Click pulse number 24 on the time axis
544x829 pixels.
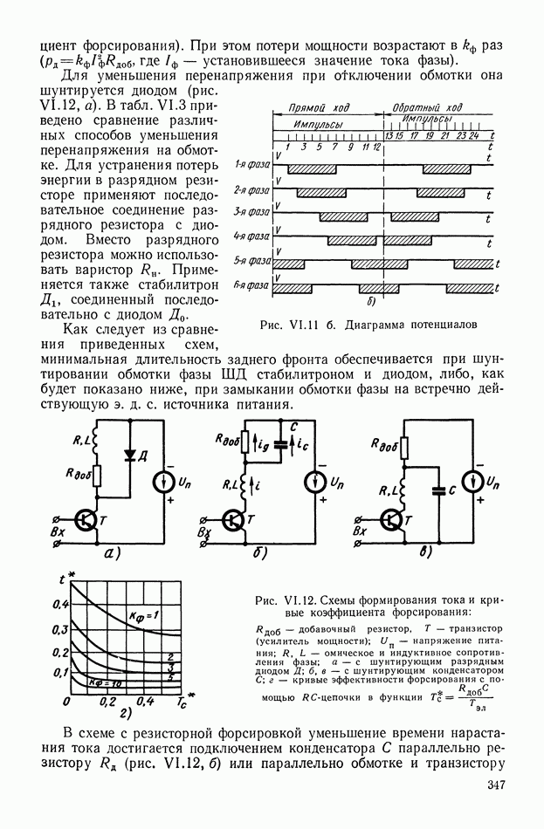pos(473,137)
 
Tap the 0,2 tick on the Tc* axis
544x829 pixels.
pos(107,701)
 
